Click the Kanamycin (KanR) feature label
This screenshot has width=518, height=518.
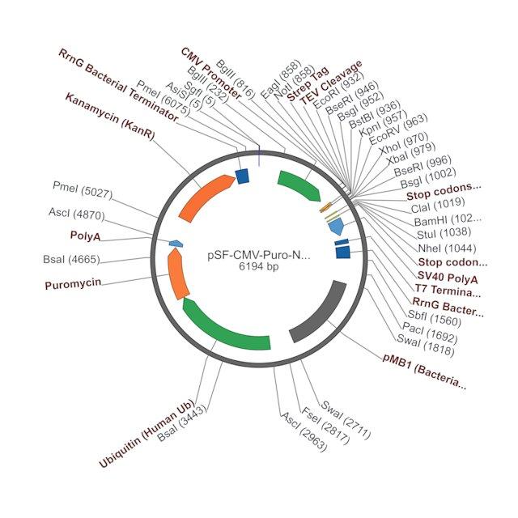tap(110, 116)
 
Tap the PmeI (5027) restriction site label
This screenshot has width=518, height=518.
tap(83, 189)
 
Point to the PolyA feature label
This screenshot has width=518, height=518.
tap(85, 236)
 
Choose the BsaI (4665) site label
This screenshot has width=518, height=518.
tap(71, 259)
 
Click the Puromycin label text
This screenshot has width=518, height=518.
tap(73, 284)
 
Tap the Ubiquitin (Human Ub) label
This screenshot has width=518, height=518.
tap(146, 434)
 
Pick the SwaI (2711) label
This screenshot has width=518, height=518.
tap(346, 420)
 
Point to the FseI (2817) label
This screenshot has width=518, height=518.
tap(325, 426)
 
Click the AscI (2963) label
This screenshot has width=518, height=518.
tap(304, 431)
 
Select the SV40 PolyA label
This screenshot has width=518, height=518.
tap(448, 278)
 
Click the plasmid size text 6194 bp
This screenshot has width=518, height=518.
tap(259, 266)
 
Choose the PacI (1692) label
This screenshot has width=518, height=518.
tap(430, 333)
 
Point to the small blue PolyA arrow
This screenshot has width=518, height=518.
tap(176, 244)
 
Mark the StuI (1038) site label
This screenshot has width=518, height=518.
tap(444, 233)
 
